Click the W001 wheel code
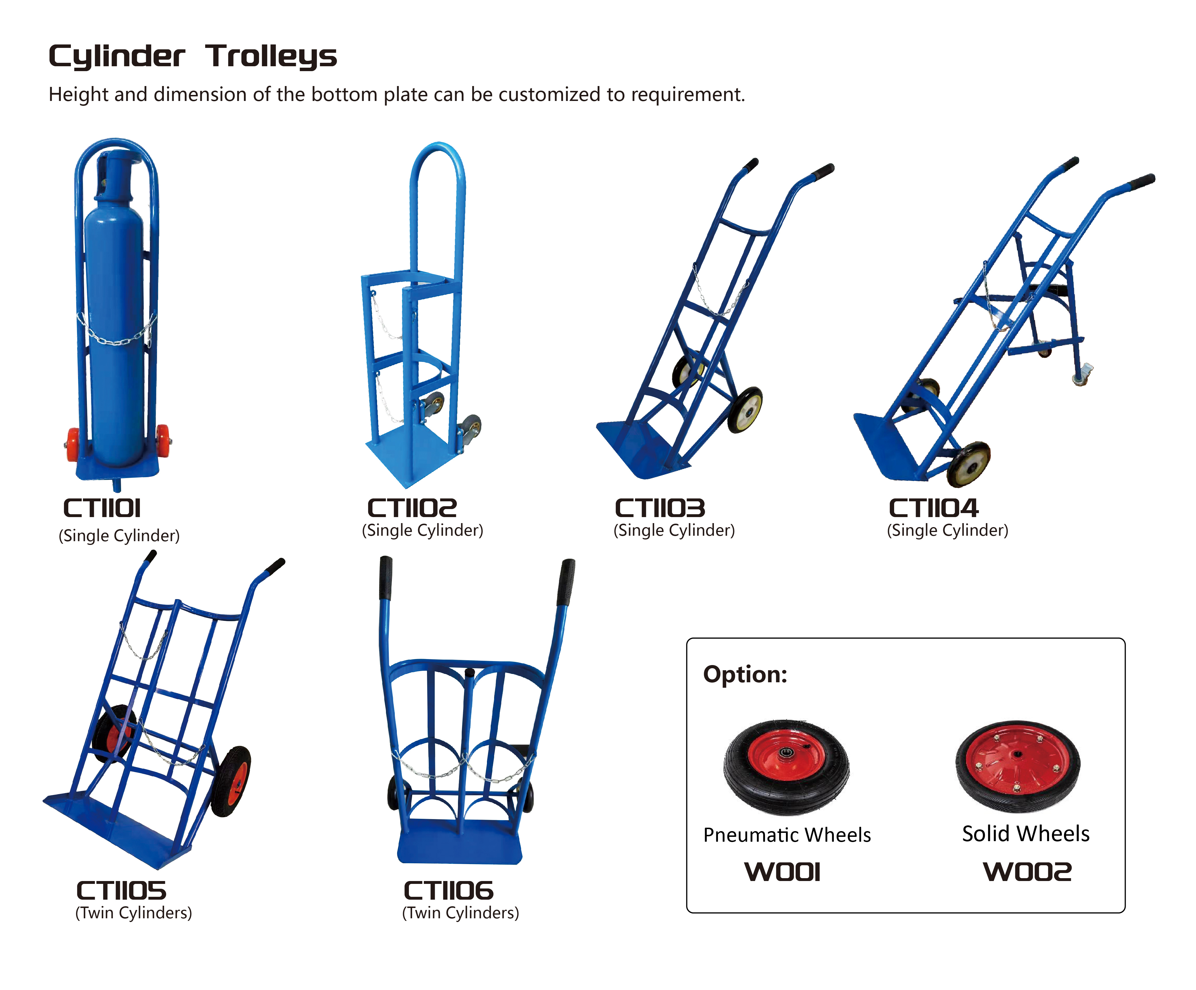tap(783, 872)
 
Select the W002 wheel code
tap(1028, 872)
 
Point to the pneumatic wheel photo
tap(787, 767)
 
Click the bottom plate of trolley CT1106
tap(460, 841)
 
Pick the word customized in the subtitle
tap(548, 95)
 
